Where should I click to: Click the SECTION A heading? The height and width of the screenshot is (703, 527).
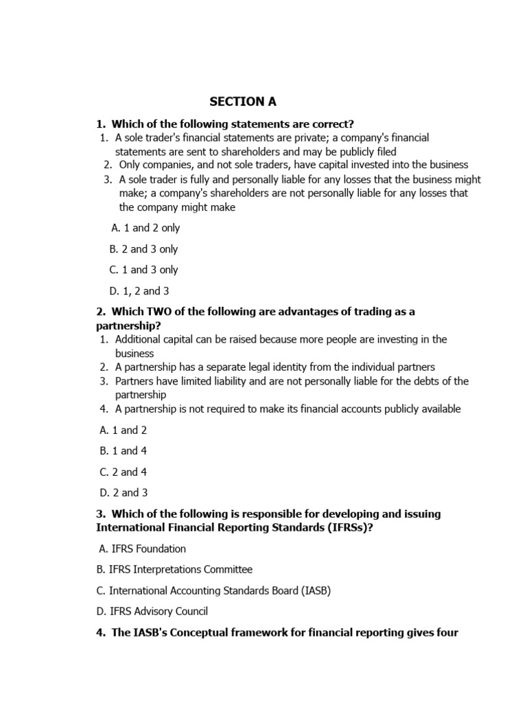(x=243, y=102)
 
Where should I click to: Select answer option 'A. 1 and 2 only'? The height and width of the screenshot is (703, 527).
(x=145, y=228)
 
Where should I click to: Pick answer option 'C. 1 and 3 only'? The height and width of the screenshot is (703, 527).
(x=143, y=270)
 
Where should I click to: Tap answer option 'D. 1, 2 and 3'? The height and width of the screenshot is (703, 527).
(x=139, y=291)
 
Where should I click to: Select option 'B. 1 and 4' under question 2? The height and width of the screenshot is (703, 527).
(x=123, y=451)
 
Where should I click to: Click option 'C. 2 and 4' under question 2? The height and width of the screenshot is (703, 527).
(x=123, y=472)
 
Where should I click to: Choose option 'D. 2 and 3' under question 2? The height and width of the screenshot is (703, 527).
(x=123, y=492)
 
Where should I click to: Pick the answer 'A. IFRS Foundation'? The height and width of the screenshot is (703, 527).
(x=142, y=549)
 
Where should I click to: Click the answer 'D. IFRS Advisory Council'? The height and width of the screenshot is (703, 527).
(x=153, y=611)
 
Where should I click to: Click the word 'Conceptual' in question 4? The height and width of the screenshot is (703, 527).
(x=219, y=632)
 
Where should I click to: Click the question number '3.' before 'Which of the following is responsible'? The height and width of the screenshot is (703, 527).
(x=101, y=514)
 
